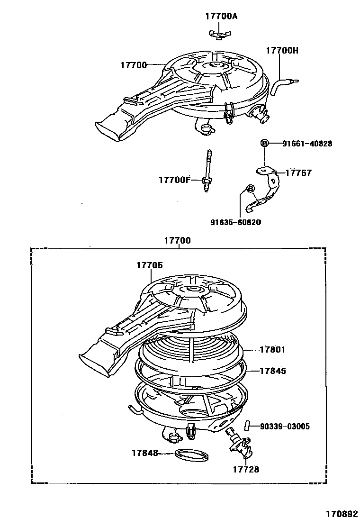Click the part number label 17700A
click(x=221, y=17)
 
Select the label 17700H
click(x=282, y=50)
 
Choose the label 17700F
click(x=174, y=180)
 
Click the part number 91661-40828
click(x=307, y=143)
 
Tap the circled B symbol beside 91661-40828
click(x=264, y=143)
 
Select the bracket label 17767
click(x=298, y=173)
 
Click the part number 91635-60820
click(x=236, y=222)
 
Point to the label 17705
click(x=149, y=266)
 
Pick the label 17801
click(x=272, y=350)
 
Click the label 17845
click(x=272, y=371)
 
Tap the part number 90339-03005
click(x=285, y=427)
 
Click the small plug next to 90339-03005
click(x=247, y=425)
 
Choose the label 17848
click(x=145, y=453)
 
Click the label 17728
click(x=246, y=469)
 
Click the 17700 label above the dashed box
click(x=177, y=241)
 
